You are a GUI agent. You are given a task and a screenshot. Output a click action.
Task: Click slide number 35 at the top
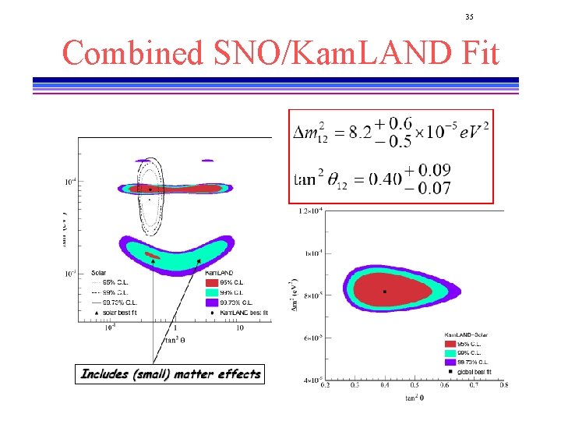click(x=469, y=17)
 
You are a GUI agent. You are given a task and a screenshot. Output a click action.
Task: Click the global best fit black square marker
click(x=384, y=292)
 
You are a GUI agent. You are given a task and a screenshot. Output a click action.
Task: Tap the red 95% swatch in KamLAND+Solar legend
click(x=451, y=343)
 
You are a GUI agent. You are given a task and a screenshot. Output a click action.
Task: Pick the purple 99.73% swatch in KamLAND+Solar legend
click(x=451, y=363)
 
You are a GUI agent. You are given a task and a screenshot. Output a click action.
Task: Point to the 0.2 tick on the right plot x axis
click(x=325, y=385)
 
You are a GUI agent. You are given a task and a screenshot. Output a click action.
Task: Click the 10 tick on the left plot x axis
click(x=240, y=327)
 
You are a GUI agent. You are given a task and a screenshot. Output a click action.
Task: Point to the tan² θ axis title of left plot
click(x=175, y=339)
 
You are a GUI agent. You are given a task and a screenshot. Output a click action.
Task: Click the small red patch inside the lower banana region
click(x=153, y=255)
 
